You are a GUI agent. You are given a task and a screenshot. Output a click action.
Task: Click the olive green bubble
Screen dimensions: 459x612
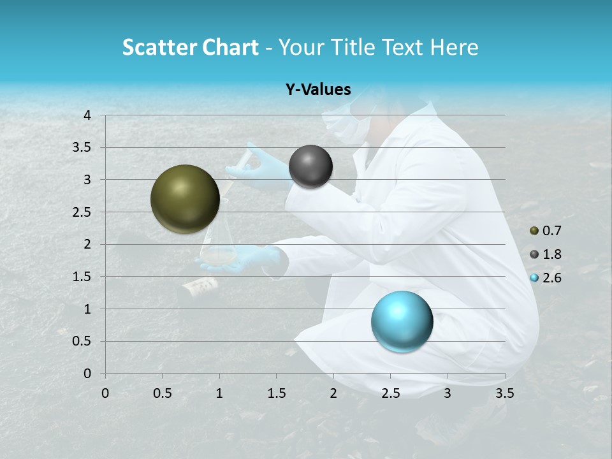point(185,199)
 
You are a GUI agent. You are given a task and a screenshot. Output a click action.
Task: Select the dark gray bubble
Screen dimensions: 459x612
point(310,166)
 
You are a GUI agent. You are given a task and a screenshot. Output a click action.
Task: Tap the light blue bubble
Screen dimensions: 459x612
point(402,321)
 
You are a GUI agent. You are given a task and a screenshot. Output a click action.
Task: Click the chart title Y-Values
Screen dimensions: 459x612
point(318,90)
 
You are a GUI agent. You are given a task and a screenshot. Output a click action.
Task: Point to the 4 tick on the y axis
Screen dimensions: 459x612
point(87,115)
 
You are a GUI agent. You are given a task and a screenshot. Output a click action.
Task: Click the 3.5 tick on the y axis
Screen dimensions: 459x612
point(84,147)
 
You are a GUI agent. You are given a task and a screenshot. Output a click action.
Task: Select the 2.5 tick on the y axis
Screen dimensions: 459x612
point(84,212)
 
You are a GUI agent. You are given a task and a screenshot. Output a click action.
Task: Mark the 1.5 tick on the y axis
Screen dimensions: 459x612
point(84,277)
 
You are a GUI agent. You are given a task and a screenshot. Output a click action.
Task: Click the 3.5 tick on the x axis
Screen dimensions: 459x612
point(504,393)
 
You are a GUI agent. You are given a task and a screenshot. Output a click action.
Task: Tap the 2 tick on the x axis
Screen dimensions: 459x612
point(333,393)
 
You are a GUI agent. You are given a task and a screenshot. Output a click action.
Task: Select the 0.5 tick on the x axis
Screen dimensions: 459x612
point(162,393)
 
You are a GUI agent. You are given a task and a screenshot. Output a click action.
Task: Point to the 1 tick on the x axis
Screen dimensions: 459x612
point(219,393)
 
